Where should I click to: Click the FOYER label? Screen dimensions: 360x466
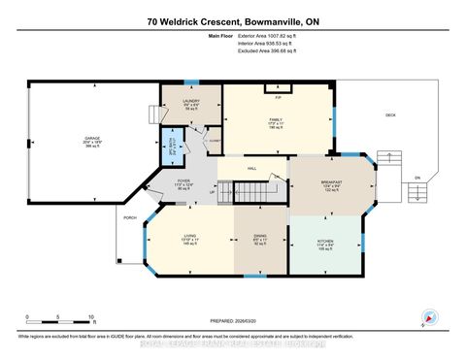[x=183, y=182]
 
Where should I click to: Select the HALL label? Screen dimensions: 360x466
[x=250, y=169]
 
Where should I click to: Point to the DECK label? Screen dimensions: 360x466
[x=390, y=115]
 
